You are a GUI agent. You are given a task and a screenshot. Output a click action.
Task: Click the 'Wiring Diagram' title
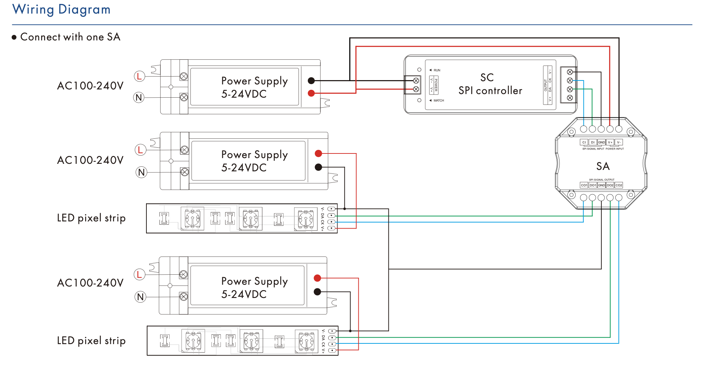tap(61, 9)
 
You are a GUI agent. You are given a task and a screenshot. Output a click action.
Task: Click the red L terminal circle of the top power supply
tap(139, 76)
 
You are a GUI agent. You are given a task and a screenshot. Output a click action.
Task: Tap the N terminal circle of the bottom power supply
tap(140, 297)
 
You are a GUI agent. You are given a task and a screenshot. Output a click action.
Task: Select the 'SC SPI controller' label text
tap(490, 84)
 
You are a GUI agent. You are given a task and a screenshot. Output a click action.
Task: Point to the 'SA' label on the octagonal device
tap(603, 166)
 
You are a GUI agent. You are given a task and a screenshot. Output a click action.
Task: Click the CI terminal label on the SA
tap(584, 142)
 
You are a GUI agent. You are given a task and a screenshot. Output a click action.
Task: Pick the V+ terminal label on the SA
tap(610, 142)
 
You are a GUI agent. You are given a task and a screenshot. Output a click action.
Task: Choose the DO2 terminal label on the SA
tap(610, 185)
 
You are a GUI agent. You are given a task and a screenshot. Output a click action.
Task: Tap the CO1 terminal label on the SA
tap(584, 185)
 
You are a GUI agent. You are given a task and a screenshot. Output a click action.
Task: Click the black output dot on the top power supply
tap(311, 80)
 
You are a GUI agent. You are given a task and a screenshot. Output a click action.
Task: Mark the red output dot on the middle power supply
tap(318, 153)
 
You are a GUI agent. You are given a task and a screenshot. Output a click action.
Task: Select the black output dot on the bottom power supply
tap(317, 292)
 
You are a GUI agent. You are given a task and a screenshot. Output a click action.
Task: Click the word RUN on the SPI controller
tap(437, 70)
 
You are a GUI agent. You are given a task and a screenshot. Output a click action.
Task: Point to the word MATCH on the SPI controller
tap(438, 101)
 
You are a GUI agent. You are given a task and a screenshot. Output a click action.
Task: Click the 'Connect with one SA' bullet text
tap(70, 37)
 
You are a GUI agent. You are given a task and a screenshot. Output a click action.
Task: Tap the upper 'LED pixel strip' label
tap(91, 218)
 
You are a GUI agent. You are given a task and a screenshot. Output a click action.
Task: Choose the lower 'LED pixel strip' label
tap(91, 341)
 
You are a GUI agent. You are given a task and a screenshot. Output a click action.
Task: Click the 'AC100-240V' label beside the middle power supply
tap(90, 160)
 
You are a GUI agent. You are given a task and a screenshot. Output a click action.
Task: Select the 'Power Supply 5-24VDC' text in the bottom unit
tap(254, 288)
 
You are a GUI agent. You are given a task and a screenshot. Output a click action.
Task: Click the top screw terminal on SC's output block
tap(570, 72)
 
